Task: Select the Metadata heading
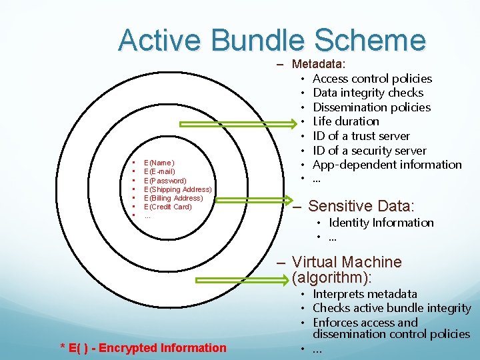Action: (319, 64)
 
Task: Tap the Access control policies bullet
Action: (372, 79)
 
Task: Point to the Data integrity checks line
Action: (368, 93)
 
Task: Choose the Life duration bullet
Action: (345, 121)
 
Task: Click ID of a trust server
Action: (361, 136)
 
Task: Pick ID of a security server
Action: (369, 151)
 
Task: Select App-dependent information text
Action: (387, 165)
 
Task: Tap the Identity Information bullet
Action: (381, 223)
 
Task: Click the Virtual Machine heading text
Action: (347, 262)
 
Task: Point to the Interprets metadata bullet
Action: (365, 294)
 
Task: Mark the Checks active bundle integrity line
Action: (391, 308)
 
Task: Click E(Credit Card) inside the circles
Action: (167, 207)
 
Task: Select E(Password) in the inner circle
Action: (165, 181)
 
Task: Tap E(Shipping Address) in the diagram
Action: (177, 189)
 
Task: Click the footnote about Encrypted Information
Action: (143, 347)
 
